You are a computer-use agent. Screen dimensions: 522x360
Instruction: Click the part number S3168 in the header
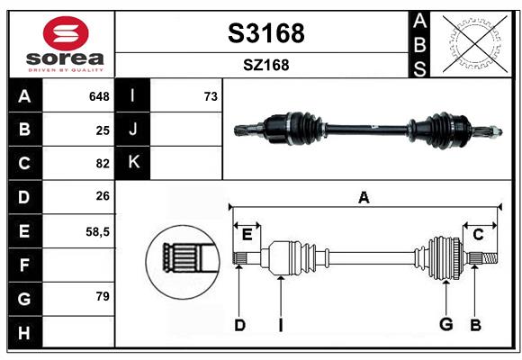pos(266,33)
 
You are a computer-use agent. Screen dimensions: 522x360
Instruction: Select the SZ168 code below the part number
pos(266,65)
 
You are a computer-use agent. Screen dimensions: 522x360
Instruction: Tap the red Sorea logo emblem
pos(66,33)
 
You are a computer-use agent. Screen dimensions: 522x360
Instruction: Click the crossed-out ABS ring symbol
pos(475,43)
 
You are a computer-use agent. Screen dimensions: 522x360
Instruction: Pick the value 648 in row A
pos(99,96)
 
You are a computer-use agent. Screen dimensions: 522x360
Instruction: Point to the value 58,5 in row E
pos(97,232)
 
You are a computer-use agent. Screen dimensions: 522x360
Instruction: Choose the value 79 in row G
pos(103,296)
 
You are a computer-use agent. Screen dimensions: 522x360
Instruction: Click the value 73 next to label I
pos(211,96)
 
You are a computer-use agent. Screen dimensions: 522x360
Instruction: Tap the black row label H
pos(25,332)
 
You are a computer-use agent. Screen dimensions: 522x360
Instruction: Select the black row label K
pos(133,163)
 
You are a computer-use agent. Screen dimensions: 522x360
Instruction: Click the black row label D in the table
pos(25,197)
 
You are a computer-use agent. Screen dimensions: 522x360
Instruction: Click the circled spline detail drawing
pos(183,262)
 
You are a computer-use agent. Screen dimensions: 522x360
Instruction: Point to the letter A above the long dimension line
pos(364,197)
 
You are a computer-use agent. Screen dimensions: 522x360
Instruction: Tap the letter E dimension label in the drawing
pos(247,235)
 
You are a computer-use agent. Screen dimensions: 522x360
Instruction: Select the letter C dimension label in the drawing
pos(478,235)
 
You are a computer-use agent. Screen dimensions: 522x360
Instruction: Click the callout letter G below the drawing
pos(446,324)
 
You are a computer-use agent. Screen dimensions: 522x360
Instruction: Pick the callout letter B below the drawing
pos(476,325)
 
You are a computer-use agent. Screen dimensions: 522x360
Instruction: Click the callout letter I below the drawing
pos(281,325)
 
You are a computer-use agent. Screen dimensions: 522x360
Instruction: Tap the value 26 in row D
pos(103,196)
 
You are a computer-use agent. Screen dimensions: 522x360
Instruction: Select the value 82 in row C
pos(103,164)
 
